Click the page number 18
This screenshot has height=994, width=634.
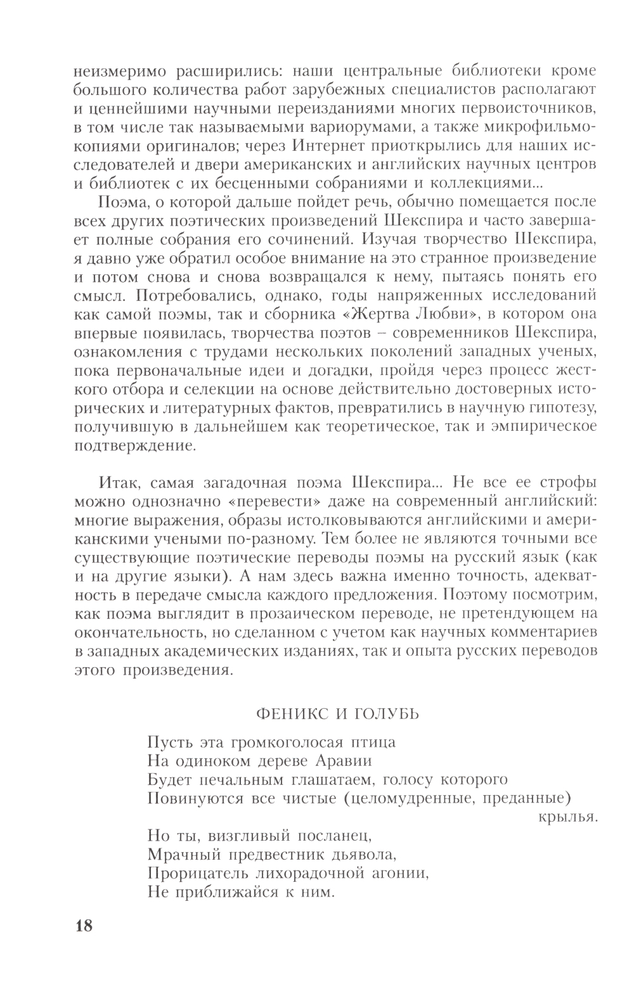coord(84,926)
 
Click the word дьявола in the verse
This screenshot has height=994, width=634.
coord(364,855)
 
